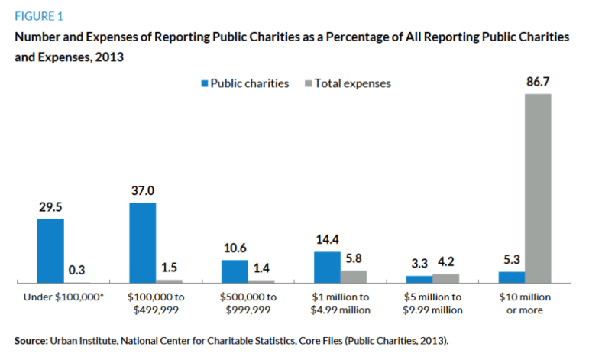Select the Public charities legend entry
[244, 83]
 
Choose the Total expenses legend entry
[348, 83]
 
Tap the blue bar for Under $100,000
[50, 251]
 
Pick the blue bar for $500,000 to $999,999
[235, 271]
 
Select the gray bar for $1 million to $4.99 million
[353, 277]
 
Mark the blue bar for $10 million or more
[511, 277]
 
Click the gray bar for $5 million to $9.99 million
[445, 278]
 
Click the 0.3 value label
[77, 270]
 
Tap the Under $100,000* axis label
[63, 297]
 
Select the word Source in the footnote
[31, 339]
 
